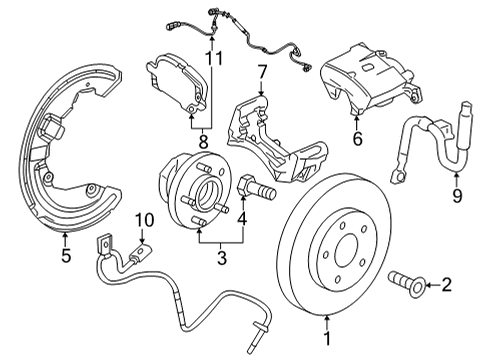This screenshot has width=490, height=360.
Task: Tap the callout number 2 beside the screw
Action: pos(446,286)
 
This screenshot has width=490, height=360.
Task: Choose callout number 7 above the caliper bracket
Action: pos(262,72)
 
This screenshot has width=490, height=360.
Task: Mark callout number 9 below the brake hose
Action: pos(456,196)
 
